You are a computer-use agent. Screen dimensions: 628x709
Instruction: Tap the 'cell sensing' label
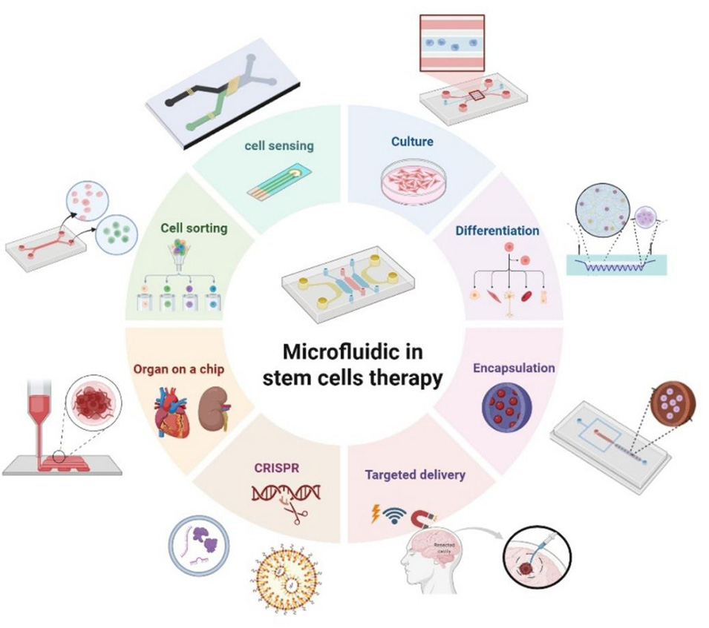pyautogui.click(x=279, y=145)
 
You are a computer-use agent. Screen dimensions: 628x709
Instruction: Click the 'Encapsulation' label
pyautogui.click(x=514, y=367)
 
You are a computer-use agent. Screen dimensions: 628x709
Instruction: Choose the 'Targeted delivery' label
pyautogui.click(x=414, y=475)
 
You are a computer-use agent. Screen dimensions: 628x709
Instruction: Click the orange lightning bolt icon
pyautogui.click(x=376, y=514)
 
